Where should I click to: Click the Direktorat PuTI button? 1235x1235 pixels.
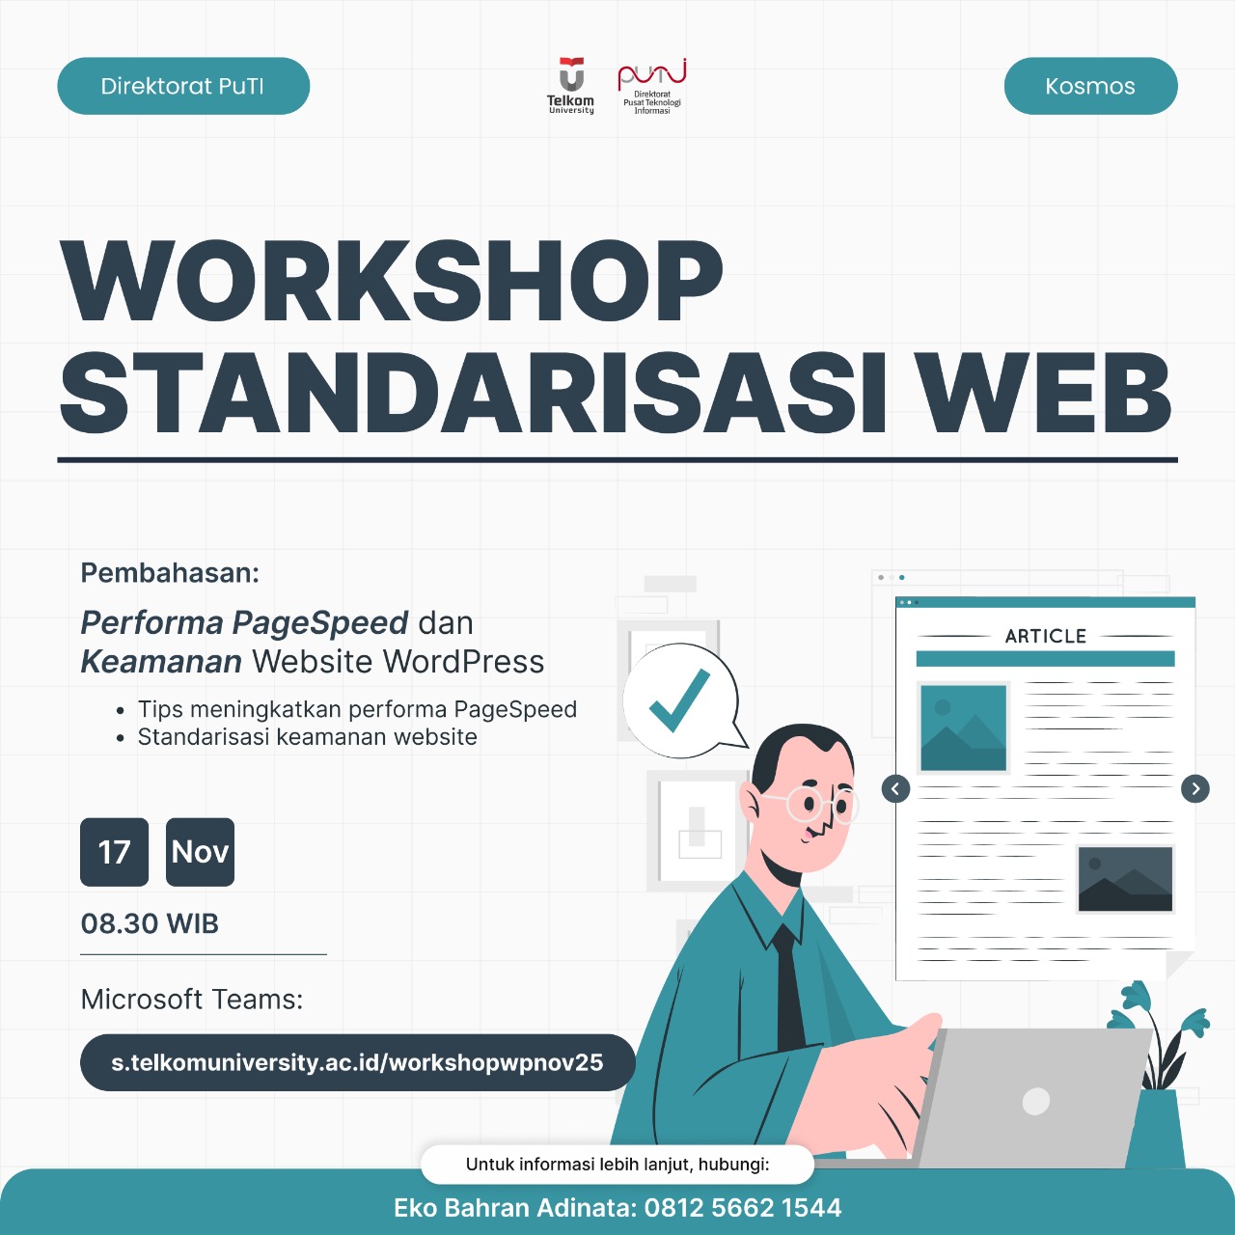(183, 86)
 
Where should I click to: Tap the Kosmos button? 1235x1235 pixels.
(1090, 86)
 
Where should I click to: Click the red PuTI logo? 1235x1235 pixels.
(652, 85)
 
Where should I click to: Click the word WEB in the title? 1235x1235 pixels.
(1044, 394)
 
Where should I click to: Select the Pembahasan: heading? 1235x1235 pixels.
(170, 573)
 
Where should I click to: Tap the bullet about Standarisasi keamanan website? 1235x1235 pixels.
(307, 737)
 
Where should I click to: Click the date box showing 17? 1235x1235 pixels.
(115, 852)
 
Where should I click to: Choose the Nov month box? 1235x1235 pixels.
(200, 852)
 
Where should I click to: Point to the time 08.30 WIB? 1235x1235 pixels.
(150, 923)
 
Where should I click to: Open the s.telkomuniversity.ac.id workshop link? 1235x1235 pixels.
(357, 1062)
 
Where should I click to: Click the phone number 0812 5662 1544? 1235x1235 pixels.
(743, 1208)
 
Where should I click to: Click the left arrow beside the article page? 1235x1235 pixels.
(895, 789)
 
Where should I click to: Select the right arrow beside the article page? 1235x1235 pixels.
(1195, 789)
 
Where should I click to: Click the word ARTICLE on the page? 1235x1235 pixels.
(1046, 636)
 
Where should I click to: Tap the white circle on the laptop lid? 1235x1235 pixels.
(1035, 1101)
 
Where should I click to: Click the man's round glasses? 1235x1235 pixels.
(820, 803)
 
